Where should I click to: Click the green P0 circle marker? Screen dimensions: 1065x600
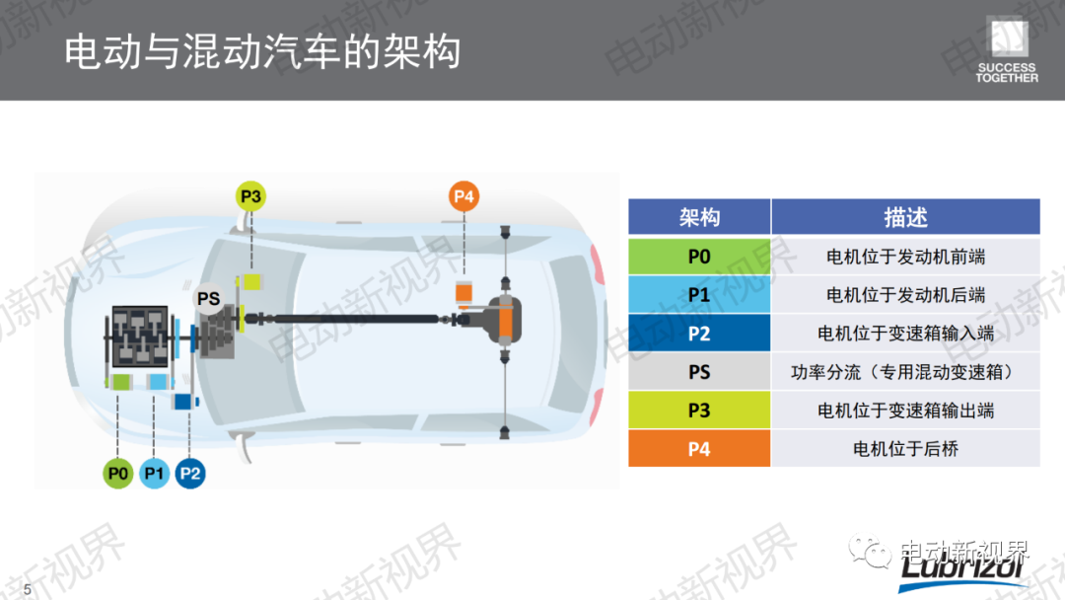pyautogui.click(x=117, y=473)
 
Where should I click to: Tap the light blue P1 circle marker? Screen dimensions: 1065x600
pyautogui.click(x=154, y=473)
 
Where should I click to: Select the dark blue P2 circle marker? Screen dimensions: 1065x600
pyautogui.click(x=190, y=473)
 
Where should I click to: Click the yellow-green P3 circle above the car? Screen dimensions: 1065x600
pyautogui.click(x=250, y=196)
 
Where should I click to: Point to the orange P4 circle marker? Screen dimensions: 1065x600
pyautogui.click(x=463, y=196)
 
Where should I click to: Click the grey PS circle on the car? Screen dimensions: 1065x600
pyautogui.click(x=208, y=298)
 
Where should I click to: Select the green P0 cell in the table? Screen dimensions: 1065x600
pyautogui.click(x=699, y=257)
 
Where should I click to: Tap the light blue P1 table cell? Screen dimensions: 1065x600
pyautogui.click(x=699, y=294)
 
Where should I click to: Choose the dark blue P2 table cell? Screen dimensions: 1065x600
pyautogui.click(x=699, y=333)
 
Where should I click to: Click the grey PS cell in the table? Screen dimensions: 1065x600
pyautogui.click(x=699, y=372)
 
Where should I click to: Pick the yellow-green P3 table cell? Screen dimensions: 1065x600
pyautogui.click(x=699, y=410)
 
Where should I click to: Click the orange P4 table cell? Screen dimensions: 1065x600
pyautogui.click(x=699, y=448)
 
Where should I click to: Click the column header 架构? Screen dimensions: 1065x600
pyautogui.click(x=699, y=217)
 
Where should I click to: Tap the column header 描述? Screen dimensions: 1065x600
pyautogui.click(x=905, y=217)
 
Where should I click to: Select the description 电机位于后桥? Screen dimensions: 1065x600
pyautogui.click(x=905, y=448)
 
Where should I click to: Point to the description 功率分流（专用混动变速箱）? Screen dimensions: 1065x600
pyautogui.click(x=905, y=372)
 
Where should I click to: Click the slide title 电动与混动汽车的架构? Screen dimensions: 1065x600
pyautogui.click(x=262, y=51)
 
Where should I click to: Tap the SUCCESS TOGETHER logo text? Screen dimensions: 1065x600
pyautogui.click(x=1007, y=73)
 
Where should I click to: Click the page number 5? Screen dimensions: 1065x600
pyautogui.click(x=28, y=589)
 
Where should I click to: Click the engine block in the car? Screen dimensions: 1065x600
pyautogui.click(x=140, y=337)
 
